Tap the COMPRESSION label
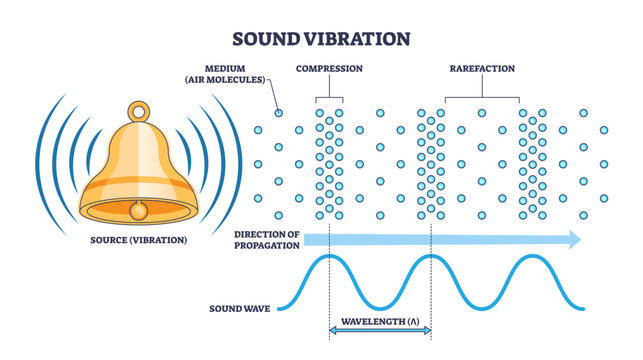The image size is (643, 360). click(329, 70)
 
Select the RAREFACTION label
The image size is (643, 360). click(481, 70)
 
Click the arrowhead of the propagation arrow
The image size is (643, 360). click(573, 239)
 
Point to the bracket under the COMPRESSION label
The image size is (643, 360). click(329, 97)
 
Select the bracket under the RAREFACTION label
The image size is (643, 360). click(481, 97)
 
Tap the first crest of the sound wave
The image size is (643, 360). click(328, 259)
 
